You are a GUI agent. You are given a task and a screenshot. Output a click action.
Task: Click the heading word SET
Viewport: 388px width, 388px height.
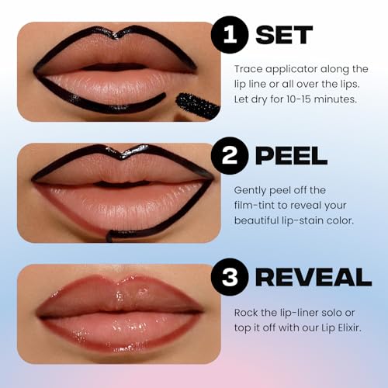click(x=283, y=35)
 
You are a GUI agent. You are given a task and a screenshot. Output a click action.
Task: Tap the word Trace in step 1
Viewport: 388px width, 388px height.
click(x=248, y=68)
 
